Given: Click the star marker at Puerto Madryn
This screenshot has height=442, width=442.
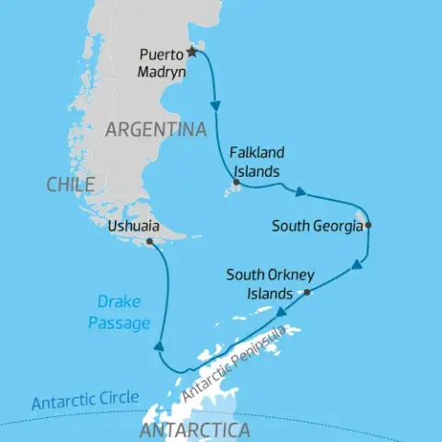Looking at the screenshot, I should click(192, 52).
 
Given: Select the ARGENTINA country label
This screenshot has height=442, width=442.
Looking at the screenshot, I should click(155, 130).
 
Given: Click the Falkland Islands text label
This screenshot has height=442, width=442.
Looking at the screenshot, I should click(256, 162).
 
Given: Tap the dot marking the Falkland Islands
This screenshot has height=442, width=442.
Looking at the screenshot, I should click(237, 184).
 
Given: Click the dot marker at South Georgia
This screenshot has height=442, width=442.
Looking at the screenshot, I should click(367, 225).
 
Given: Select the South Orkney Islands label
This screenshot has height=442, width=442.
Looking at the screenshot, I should click(272, 284).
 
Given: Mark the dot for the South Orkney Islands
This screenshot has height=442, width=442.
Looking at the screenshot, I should click(307, 292).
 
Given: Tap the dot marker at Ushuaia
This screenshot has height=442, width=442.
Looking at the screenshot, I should click(149, 242).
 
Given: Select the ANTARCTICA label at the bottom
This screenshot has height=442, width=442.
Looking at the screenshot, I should click(192, 430).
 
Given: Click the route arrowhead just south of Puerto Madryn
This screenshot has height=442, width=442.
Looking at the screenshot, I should click(216, 106).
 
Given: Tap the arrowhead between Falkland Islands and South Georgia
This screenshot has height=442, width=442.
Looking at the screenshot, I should click(300, 192).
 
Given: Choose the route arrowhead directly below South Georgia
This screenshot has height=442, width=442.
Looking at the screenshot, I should click(355, 267).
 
